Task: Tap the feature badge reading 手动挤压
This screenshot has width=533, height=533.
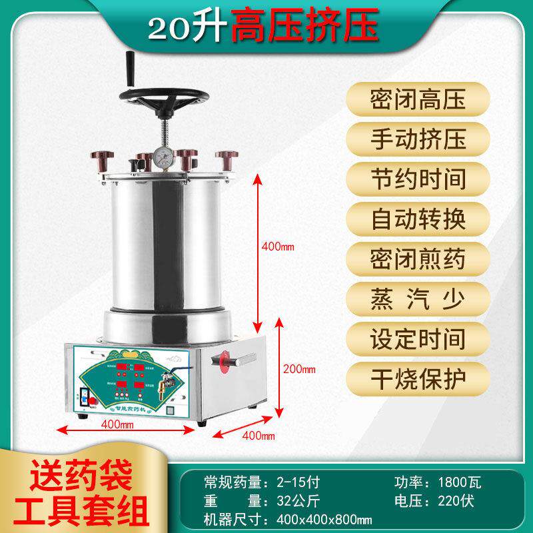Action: pos(418,140)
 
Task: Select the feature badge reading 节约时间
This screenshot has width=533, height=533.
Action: pos(418,179)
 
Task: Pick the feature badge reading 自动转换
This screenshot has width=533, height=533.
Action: pos(418,219)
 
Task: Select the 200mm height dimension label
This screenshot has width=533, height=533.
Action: pos(298,368)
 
